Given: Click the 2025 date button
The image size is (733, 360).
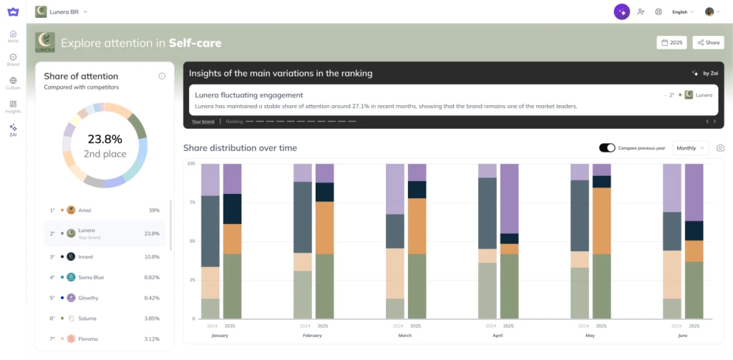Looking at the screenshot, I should [671, 43].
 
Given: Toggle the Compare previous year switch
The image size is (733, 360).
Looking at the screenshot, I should [607, 148].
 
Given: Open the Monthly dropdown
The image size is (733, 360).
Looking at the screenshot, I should [691, 148].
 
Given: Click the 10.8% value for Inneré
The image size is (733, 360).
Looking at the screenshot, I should [152, 256].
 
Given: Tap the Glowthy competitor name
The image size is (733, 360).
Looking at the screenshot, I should [88, 298].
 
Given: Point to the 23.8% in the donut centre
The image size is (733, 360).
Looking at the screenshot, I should [105, 139].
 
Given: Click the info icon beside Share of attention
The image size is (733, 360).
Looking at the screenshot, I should [162, 77].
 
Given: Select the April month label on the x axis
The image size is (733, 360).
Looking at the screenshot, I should [497, 334].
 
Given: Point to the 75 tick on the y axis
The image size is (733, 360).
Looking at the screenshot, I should [190, 203].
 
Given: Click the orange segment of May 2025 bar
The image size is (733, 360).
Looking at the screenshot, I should [601, 220].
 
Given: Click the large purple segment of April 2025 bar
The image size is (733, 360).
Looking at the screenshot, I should [509, 198].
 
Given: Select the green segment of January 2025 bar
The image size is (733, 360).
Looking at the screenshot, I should [232, 286].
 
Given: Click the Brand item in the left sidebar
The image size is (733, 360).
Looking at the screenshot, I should [13, 59].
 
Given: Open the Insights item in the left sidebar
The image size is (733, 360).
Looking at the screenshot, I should [13, 107].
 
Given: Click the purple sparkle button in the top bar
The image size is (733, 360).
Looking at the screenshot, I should [621, 12].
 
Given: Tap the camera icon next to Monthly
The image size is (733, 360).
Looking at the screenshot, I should [720, 148].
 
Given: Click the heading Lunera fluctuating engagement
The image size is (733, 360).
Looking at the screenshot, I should [248, 95].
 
